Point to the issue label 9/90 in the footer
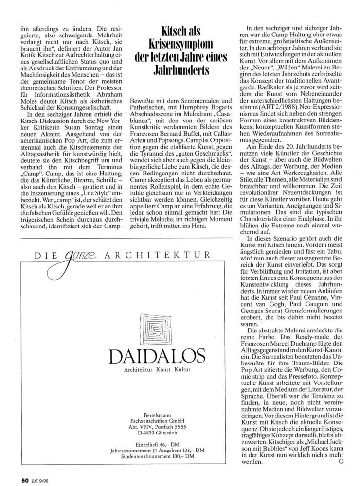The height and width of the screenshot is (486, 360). point(48,475)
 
